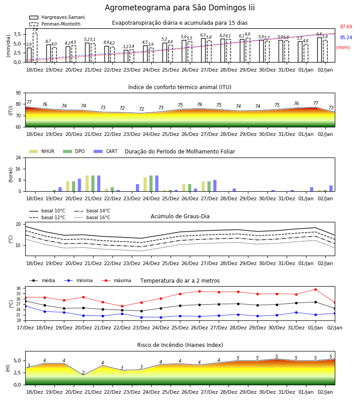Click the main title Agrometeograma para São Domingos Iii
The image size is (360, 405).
180,8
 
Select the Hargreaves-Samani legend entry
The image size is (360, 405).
57,17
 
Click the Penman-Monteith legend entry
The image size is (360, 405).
55,24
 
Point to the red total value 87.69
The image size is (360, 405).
346,27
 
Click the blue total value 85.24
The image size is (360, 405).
346,37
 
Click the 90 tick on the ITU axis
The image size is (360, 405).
18,93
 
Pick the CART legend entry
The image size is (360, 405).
106,151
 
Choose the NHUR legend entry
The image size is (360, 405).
42,151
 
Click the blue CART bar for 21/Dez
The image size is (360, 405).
99,184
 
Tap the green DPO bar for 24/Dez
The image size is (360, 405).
151,184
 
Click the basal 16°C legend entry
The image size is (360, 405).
92,217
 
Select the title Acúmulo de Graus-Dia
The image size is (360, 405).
180,216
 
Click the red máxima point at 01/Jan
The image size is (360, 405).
315,289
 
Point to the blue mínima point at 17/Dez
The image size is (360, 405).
25,306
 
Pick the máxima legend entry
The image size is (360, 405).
116,280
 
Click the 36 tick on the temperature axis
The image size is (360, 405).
18,288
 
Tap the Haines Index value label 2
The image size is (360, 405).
83,373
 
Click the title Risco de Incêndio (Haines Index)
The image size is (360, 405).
180,345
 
